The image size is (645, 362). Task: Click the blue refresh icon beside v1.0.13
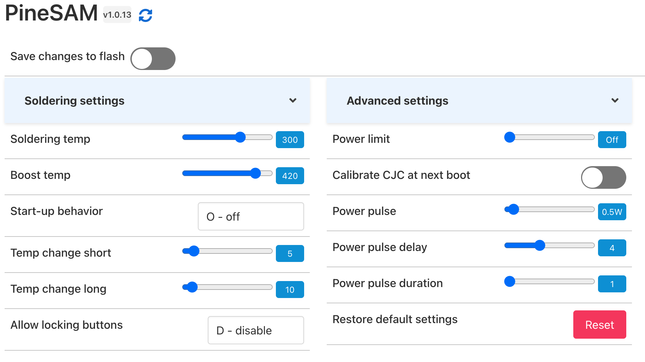145,15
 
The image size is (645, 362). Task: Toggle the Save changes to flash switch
153,59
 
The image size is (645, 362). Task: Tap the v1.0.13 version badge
117,15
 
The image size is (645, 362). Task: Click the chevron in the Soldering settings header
293,100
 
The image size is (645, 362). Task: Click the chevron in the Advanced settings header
615,100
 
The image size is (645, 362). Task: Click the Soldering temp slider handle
240,137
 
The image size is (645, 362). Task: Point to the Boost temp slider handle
255,173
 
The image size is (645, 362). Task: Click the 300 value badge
290,140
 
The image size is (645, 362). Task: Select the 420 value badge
290,176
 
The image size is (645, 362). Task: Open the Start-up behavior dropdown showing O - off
251,216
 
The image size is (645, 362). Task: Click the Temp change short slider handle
194,251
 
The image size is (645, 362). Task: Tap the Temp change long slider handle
192,287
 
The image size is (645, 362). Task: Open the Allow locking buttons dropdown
256,330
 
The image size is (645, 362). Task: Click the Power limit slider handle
510,137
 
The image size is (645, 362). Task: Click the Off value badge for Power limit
612,140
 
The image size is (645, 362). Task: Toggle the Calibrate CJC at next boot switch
603,177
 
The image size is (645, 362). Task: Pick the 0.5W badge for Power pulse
612,212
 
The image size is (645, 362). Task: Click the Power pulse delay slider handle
540,245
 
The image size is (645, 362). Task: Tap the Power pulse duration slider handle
510,281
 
